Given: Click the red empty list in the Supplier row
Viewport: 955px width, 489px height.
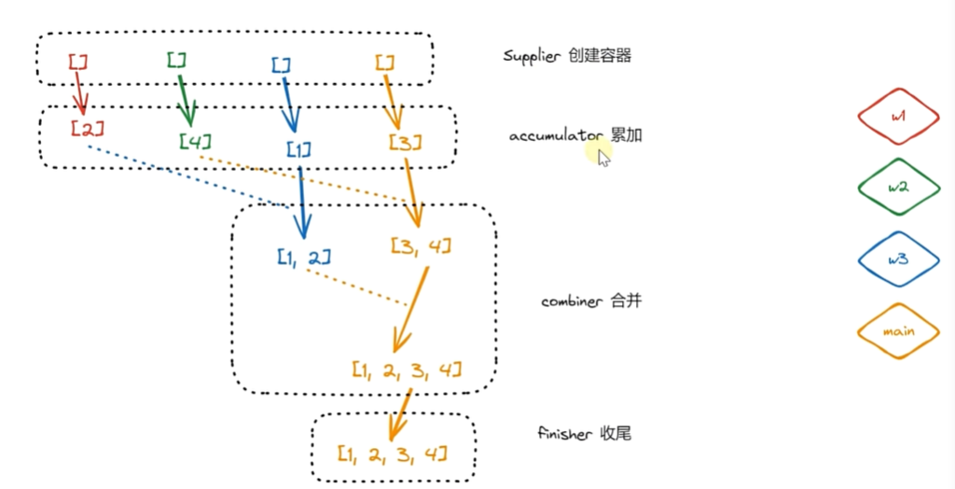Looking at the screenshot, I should [77, 62].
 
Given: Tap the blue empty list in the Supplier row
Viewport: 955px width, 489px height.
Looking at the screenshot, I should [281, 64].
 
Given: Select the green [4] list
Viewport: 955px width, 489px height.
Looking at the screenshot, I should [195, 142].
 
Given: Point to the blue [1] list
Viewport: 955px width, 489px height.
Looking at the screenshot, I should [298, 149].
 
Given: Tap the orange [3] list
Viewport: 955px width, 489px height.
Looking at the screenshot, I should [405, 143].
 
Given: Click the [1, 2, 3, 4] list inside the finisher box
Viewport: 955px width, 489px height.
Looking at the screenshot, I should [392, 454].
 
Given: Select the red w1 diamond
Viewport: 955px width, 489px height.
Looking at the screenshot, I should [898, 117].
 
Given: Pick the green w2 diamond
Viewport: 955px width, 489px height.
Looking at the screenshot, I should [898, 187].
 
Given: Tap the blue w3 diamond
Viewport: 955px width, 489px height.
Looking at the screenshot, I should [898, 258].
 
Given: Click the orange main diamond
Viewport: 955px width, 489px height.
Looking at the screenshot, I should [898, 330].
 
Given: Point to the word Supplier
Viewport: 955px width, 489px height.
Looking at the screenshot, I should [531, 56].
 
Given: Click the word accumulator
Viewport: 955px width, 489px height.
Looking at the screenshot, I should [556, 136].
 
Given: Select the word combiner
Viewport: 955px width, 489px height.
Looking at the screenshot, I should [571, 302].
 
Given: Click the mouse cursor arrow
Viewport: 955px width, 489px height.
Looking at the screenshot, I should [603, 158].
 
